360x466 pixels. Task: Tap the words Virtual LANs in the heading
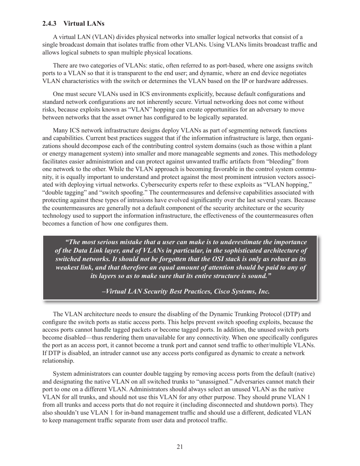pos(84,23)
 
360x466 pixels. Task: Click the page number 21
pos(180,447)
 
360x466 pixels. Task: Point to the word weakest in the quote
pos(70,267)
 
